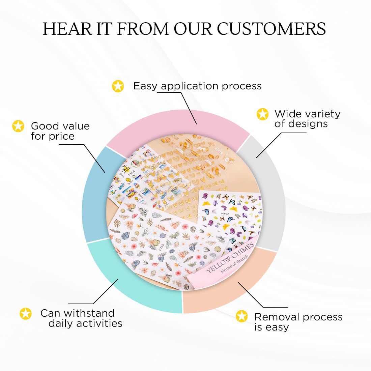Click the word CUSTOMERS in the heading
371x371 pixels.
(x=271, y=29)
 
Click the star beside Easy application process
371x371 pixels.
(x=118, y=86)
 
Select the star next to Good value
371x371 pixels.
(x=18, y=126)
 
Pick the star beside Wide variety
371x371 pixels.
(x=262, y=114)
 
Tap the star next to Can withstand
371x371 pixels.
(x=26, y=313)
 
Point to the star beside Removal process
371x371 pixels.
(x=241, y=316)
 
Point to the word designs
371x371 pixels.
(x=301, y=124)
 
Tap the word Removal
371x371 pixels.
(x=277, y=317)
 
